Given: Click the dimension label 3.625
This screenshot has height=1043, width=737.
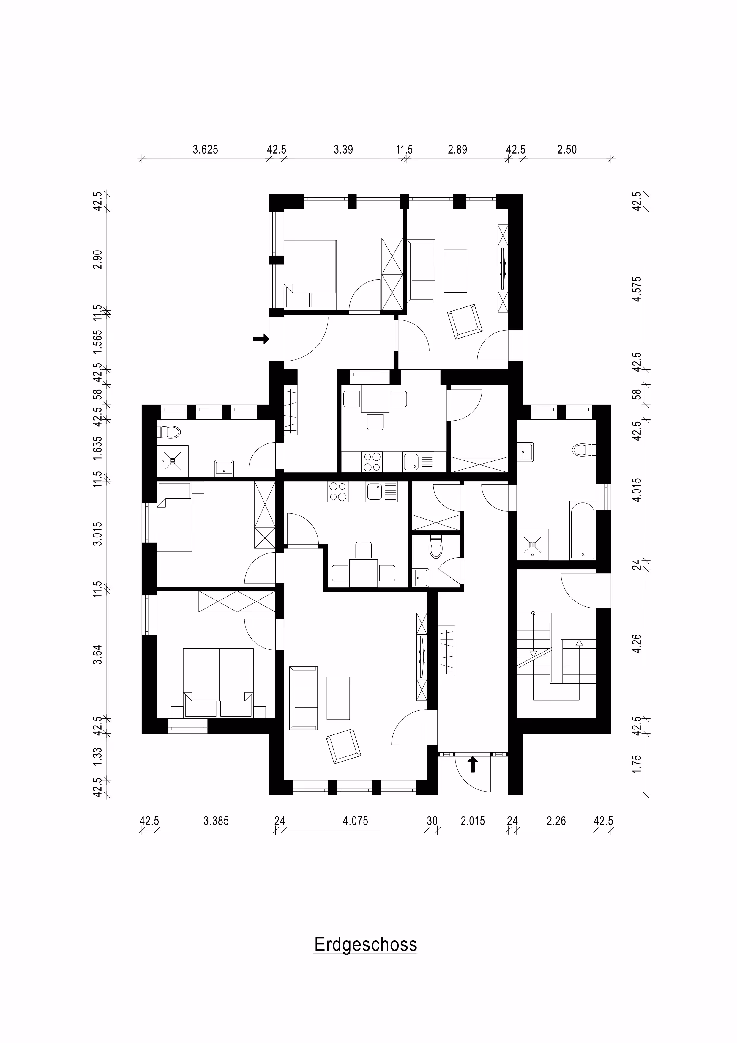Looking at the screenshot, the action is tap(206, 150).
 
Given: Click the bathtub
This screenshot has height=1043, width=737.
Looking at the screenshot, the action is tap(582, 530).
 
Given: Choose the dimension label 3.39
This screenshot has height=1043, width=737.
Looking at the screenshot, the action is tap(343, 150).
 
